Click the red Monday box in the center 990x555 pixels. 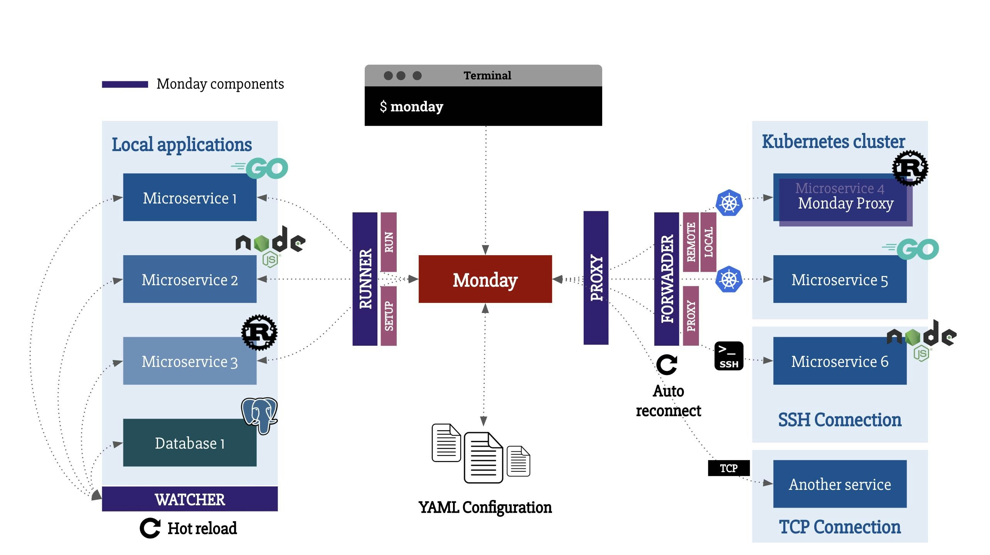pos(485,279)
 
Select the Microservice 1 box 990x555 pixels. pos(190,197)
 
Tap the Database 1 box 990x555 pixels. pos(190,442)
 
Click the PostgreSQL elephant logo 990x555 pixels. pos(259,415)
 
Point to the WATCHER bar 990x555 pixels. pos(190,499)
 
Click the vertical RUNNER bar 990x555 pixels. pos(365,279)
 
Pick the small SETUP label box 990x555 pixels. pos(389,316)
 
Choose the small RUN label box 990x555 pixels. pos(389,242)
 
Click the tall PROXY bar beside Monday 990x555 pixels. pos(596,277)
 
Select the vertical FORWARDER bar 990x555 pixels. pos(667,279)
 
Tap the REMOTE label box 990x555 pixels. pos(691,242)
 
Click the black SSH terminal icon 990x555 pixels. pos(729,356)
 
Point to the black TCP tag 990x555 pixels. pos(729,468)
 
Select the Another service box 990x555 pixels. pos(840,484)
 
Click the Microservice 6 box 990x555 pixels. pos(840,361)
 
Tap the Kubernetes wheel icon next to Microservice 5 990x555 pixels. pos(729,279)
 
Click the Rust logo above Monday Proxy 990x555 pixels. pos(910,168)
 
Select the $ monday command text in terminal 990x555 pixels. pos(411,106)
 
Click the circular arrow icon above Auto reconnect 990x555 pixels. pos(667,364)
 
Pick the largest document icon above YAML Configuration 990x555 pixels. pos(483,457)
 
